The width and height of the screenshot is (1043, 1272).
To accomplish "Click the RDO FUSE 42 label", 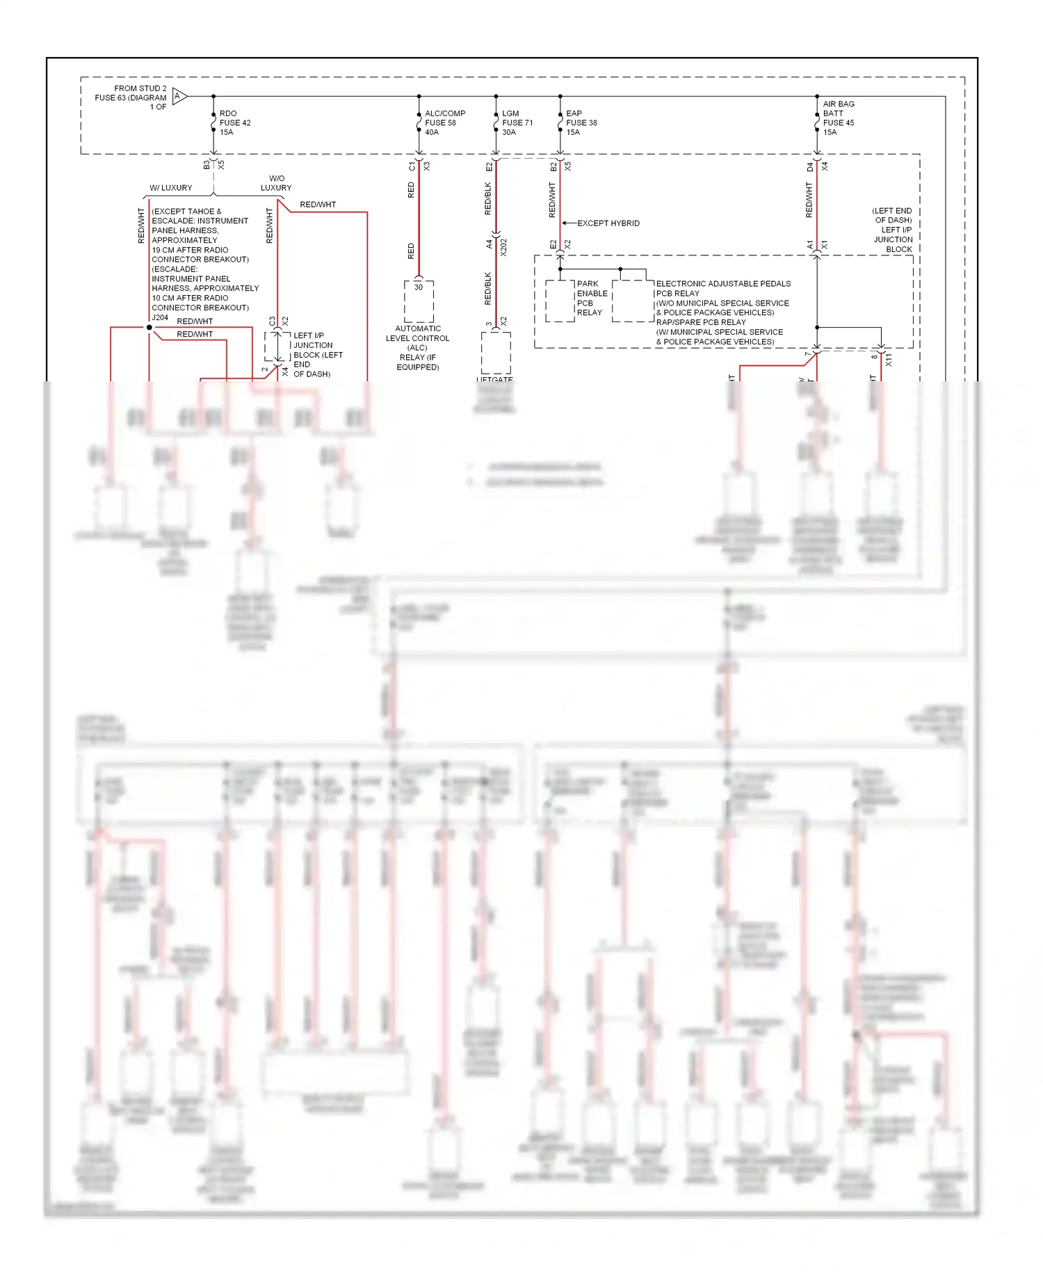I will tap(234, 122).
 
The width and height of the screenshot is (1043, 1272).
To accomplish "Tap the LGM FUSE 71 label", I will tap(517, 122).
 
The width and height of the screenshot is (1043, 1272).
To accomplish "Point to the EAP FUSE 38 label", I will tap(581, 122).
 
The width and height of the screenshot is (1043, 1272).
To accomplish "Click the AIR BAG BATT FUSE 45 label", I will tap(838, 118).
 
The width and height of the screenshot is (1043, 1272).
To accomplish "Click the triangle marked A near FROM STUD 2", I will tap(179, 96).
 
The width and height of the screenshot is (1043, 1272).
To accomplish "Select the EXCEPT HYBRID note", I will tap(608, 223).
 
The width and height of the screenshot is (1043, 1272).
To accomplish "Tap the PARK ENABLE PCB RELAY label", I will tap(591, 298).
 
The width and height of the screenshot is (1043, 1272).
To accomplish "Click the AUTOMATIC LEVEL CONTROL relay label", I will tap(418, 347).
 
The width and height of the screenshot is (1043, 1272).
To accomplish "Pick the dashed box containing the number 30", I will tap(419, 301).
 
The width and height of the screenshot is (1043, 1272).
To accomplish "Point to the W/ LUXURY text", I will tap(171, 188).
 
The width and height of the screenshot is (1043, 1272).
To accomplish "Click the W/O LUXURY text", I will tap(276, 183).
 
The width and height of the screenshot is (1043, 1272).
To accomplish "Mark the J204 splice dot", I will tap(149, 327).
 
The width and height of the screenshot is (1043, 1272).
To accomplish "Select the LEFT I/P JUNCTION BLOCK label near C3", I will tap(317, 354).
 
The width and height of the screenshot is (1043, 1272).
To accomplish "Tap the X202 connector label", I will tap(503, 246).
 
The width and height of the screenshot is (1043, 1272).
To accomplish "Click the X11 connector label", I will tap(889, 359).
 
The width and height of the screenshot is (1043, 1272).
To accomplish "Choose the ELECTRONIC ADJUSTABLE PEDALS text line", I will tap(723, 284).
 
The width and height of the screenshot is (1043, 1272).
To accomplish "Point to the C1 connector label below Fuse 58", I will tap(412, 166).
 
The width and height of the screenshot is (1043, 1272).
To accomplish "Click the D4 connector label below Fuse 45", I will tap(809, 166).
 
